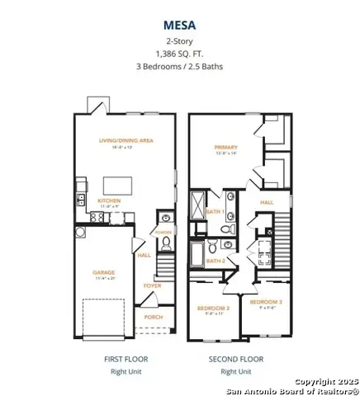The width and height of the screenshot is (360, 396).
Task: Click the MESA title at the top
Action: tap(179, 26)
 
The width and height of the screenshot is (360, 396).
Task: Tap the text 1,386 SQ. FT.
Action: tap(179, 54)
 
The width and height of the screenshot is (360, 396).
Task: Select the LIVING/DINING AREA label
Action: tap(126, 141)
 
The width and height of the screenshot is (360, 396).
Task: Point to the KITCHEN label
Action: tap(110, 200)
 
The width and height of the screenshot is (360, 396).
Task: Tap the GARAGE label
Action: tap(103, 271)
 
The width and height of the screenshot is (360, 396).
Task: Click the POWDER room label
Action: tap(163, 233)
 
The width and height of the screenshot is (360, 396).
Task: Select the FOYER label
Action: tap(153, 286)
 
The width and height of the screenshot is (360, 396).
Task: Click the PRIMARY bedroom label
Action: tap(225, 147)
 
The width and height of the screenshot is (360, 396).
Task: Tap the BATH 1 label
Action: tap(216, 213)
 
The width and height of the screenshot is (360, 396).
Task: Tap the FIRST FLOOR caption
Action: tap(125, 359)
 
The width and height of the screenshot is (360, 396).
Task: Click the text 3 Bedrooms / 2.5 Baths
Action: tap(179, 67)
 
